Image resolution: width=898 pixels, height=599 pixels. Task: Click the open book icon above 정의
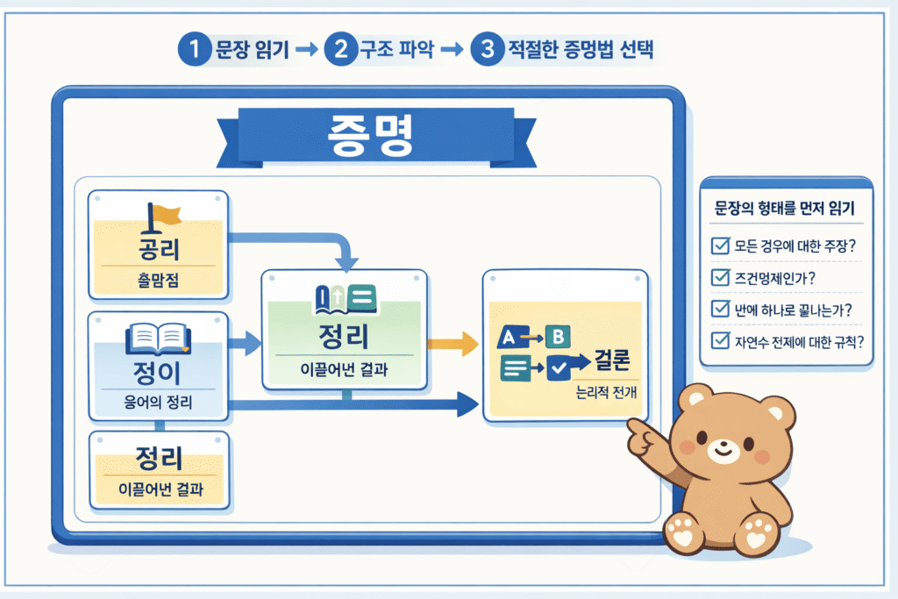[x=158, y=339]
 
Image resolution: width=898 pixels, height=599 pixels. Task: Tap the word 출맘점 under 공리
[x=159, y=282]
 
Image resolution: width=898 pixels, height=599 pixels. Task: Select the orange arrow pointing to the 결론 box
[x=451, y=346]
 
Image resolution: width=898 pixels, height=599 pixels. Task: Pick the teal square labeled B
[x=557, y=335]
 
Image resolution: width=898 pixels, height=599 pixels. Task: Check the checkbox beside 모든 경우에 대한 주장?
[x=720, y=246]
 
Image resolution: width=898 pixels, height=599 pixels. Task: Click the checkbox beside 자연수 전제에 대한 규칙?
[x=720, y=341]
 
